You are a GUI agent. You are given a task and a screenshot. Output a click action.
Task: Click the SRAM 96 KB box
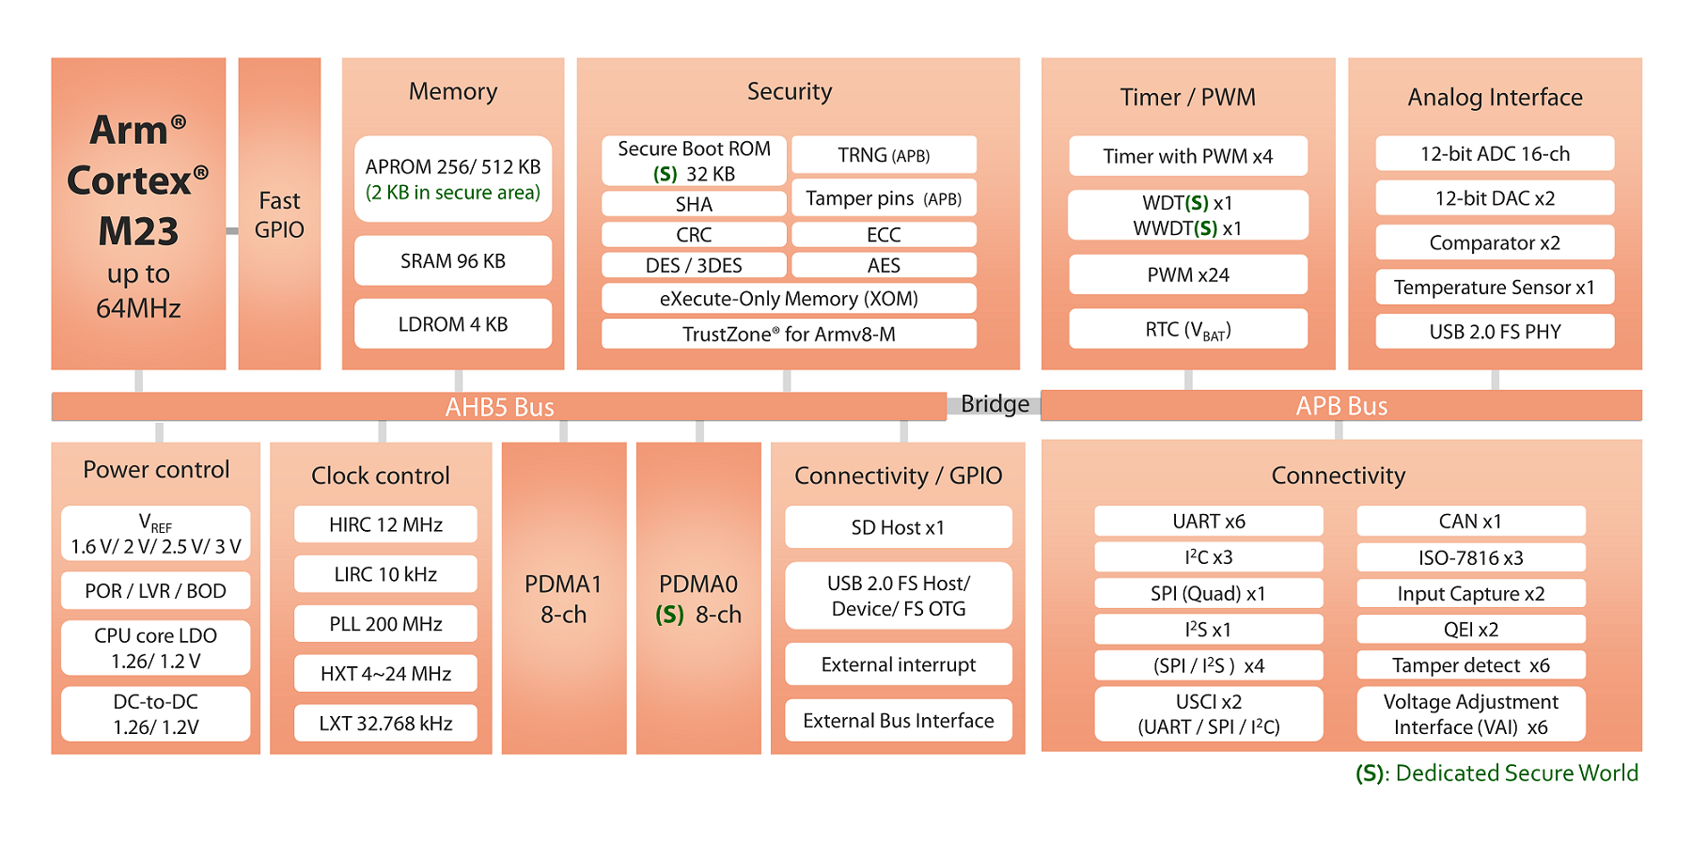click(x=453, y=260)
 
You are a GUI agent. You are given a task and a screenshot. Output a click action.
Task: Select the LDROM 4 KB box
click(x=453, y=324)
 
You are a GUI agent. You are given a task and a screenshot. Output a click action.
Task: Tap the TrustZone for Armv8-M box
click(x=789, y=334)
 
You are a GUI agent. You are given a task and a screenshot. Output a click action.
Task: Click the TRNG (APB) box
click(x=884, y=155)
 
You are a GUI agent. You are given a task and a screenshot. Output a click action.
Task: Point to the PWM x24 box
click(x=1188, y=274)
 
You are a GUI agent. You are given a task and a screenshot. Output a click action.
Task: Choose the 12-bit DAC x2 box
click(x=1495, y=198)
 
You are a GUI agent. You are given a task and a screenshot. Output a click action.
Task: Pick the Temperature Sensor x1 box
click(x=1495, y=287)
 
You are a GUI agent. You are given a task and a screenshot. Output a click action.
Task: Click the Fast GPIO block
click(x=279, y=214)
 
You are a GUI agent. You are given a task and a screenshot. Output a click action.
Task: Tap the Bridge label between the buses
click(x=995, y=404)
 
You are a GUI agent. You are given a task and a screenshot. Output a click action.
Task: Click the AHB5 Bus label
click(x=499, y=407)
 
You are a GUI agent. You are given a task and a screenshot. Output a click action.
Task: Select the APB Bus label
click(x=1341, y=406)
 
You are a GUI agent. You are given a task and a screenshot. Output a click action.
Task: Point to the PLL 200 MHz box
click(x=385, y=624)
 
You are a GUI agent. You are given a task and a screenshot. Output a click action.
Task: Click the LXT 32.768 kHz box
click(x=385, y=723)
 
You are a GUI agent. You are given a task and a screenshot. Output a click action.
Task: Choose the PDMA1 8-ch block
click(x=564, y=598)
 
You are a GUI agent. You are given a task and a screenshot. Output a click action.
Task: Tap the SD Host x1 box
click(x=899, y=527)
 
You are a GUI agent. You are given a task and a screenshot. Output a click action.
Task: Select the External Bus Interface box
click(x=899, y=720)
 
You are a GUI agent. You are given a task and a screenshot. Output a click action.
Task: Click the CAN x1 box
click(x=1471, y=521)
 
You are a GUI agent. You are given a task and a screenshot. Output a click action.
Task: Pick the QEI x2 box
click(x=1471, y=629)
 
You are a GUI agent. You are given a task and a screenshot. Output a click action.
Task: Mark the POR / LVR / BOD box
click(x=156, y=590)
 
